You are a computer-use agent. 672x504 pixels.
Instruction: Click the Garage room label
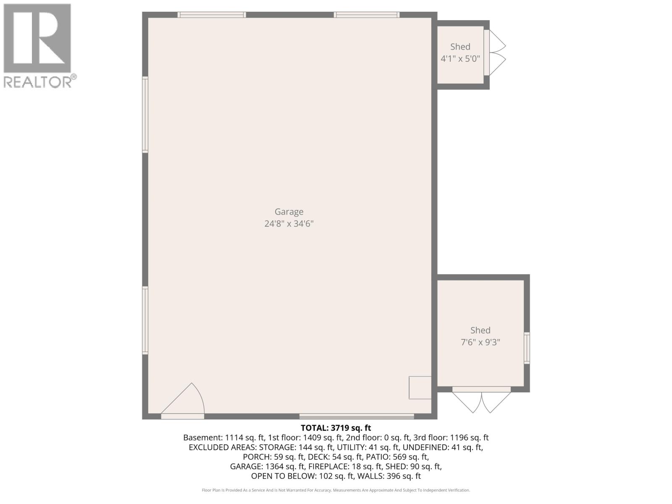(x=289, y=212)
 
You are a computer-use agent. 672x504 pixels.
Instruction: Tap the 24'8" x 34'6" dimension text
(x=289, y=223)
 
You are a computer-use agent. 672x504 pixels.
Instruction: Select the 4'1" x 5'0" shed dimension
(x=460, y=58)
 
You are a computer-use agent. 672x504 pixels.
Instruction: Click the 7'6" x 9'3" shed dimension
(x=480, y=342)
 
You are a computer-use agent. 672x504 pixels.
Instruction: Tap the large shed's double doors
(x=481, y=401)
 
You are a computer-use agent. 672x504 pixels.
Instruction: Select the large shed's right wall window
(x=527, y=348)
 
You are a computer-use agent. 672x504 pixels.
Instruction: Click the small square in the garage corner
(x=420, y=387)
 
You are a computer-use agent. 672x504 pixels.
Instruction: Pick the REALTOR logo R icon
(x=37, y=39)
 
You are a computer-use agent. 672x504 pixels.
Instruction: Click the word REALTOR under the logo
(x=38, y=81)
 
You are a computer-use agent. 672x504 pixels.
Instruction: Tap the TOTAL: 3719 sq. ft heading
(x=336, y=428)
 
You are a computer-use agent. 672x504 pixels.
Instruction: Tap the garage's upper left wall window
(x=145, y=114)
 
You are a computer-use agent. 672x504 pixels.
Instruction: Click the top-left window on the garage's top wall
(x=211, y=15)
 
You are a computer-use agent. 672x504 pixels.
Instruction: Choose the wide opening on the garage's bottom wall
(x=357, y=416)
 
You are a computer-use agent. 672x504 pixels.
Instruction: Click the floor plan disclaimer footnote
(x=336, y=490)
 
